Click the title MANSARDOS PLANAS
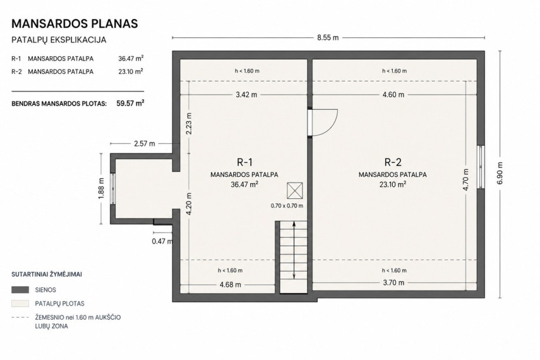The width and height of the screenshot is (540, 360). pyautogui.click(x=75, y=23)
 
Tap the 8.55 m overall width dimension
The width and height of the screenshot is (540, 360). pyautogui.click(x=328, y=37)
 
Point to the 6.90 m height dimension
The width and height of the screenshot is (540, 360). pyautogui.click(x=500, y=173)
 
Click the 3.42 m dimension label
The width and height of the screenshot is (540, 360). pyautogui.click(x=246, y=94)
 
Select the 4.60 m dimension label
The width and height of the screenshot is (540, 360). pyautogui.click(x=393, y=94)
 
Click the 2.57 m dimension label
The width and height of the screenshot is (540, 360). pyautogui.click(x=144, y=143)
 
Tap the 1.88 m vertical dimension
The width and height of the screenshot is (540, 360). pyautogui.click(x=101, y=188)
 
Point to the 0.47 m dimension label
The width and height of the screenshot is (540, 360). pyautogui.click(x=162, y=241)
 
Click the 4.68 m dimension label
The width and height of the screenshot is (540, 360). pyautogui.click(x=231, y=285)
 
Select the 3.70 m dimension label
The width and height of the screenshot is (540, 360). pyautogui.click(x=393, y=282)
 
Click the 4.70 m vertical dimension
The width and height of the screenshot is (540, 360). pyautogui.click(x=465, y=179)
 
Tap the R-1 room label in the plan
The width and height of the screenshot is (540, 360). pyautogui.click(x=244, y=162)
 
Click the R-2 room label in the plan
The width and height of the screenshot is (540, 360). pyautogui.click(x=393, y=162)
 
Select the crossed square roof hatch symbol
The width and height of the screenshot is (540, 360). pyautogui.click(x=295, y=191)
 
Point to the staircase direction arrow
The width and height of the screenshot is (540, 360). pyautogui.click(x=294, y=250)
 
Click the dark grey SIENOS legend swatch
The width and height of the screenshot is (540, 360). pyautogui.click(x=20, y=290)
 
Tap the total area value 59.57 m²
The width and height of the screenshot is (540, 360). pyautogui.click(x=130, y=103)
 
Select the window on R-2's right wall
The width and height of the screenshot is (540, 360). pyautogui.click(x=481, y=167)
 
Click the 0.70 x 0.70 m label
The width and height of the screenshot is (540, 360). pyautogui.click(x=287, y=206)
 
